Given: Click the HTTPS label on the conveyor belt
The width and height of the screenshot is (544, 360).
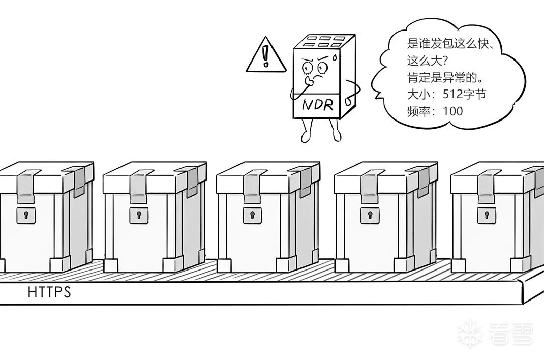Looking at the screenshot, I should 49,293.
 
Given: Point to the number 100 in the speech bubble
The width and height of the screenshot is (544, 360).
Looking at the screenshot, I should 453,111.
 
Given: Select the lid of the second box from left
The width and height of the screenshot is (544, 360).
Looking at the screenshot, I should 153,176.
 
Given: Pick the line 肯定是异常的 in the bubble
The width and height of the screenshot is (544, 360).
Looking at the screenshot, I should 444,78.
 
